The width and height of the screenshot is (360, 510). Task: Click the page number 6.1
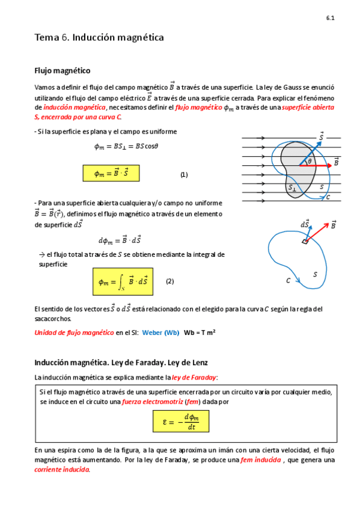coord(330,19)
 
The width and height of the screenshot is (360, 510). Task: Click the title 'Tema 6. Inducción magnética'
coord(99,38)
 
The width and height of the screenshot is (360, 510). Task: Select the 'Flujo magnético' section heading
coord(63,70)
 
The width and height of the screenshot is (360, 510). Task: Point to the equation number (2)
coord(169,281)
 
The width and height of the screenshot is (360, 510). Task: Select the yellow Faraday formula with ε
coord(181,421)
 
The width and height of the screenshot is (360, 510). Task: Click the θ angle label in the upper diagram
coord(310,161)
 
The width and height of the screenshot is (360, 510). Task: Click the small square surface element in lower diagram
coord(305,242)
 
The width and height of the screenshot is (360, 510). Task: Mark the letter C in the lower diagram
coord(288,280)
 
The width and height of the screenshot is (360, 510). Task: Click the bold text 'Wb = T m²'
coord(200,332)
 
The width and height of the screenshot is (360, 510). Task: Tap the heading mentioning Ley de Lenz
coord(121,363)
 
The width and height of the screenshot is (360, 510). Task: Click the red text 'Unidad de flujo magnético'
coord(74,332)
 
